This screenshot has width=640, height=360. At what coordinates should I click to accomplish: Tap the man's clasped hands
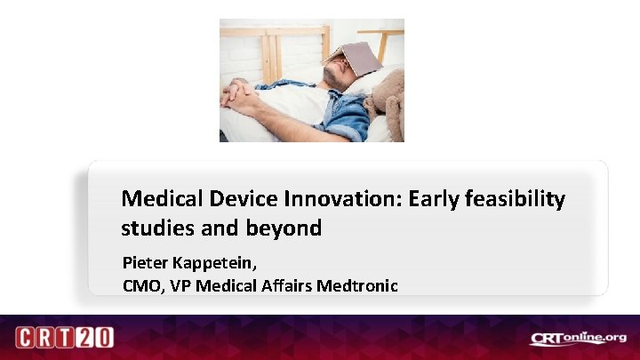tap(241, 92)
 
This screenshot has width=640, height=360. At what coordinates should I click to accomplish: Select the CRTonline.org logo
tap(578, 338)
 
